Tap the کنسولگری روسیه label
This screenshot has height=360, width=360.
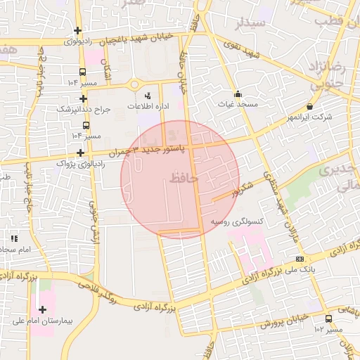237,221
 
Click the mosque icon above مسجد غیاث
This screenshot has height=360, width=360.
238,94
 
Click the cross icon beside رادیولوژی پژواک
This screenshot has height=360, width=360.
81,153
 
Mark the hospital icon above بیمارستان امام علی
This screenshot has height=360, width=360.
42,309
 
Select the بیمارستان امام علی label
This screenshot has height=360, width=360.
42,321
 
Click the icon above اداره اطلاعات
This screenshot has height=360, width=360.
148,95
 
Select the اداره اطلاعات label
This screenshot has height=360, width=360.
147,105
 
